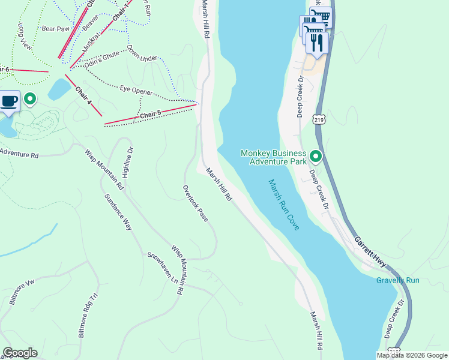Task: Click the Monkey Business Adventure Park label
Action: (274, 157)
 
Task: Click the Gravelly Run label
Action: (397, 280)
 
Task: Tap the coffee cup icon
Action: (9, 101)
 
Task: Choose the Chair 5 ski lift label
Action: (150, 114)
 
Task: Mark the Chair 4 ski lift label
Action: (83, 95)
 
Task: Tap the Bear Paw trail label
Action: (55, 28)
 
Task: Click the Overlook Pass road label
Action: (196, 203)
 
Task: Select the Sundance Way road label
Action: (118, 212)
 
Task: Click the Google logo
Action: (20, 352)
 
